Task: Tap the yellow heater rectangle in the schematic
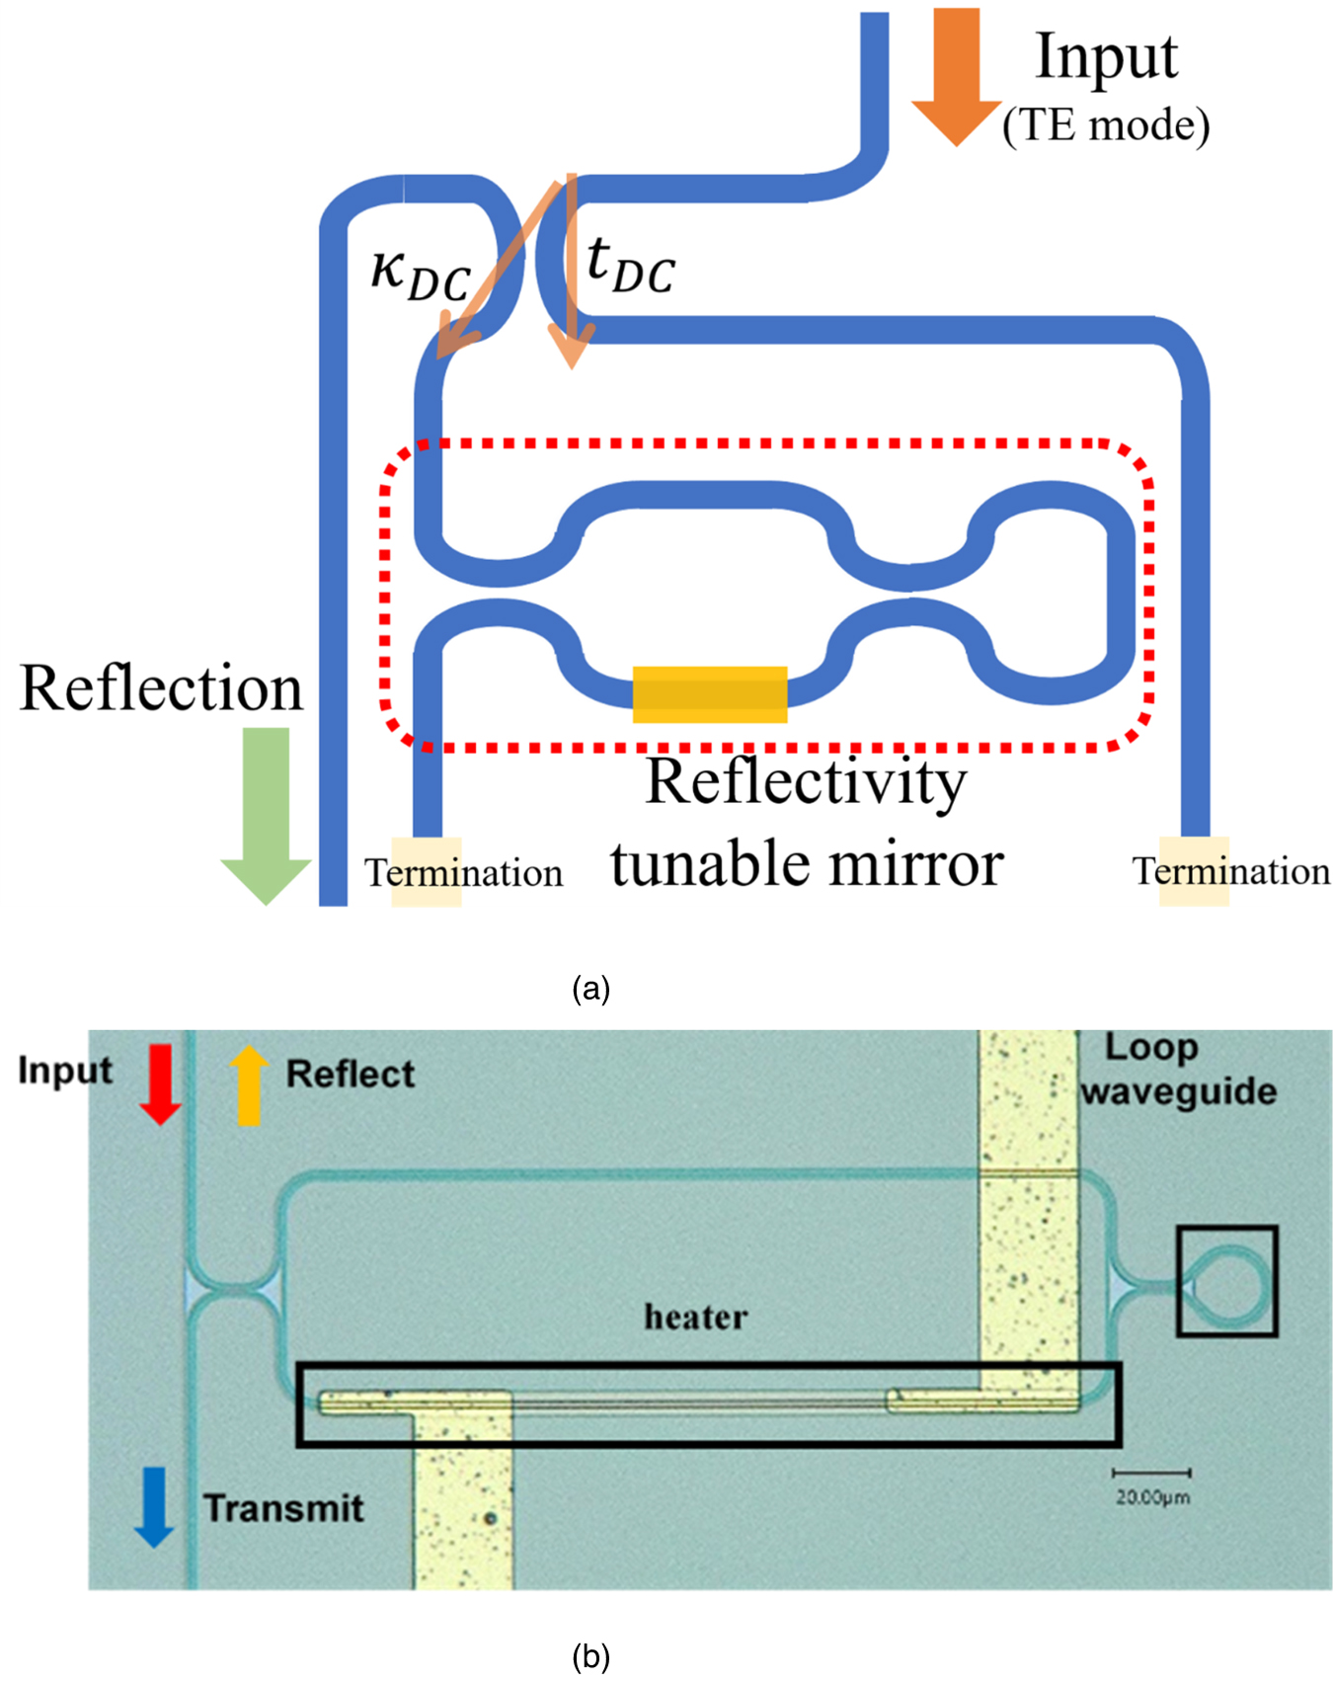[x=709, y=694]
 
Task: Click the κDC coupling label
[x=420, y=275]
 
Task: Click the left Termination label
[x=463, y=873]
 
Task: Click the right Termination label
[x=1230, y=871]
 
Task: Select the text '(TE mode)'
[x=1106, y=125]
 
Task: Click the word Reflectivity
[x=806, y=782]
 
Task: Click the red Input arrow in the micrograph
[x=160, y=1084]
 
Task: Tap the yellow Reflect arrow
[x=248, y=1084]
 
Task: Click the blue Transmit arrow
[x=154, y=1506]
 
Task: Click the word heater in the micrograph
[x=696, y=1317]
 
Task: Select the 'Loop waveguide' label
[x=1178, y=1070]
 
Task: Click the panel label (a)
[x=590, y=988]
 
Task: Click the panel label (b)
[x=590, y=1655]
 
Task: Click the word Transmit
[x=284, y=1508]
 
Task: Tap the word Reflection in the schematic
[x=161, y=688]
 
